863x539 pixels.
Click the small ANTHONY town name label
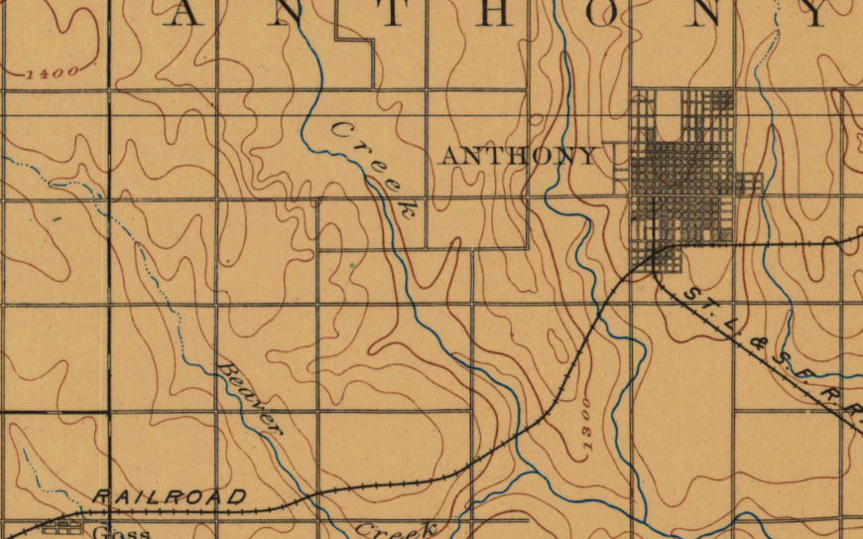[x=519, y=156]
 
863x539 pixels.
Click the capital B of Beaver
[x=224, y=369]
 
